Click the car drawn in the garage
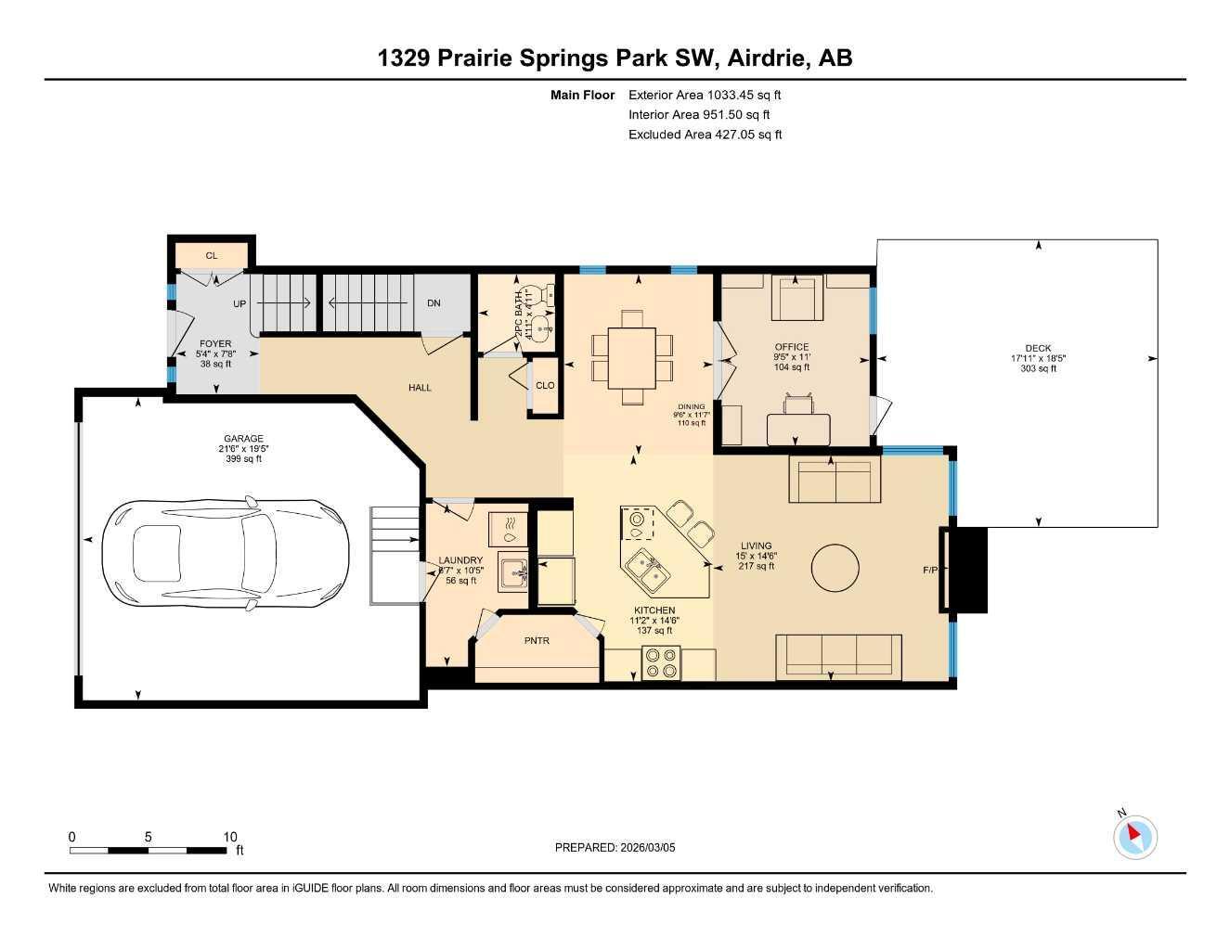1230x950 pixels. point(226,554)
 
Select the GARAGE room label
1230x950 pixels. point(243,439)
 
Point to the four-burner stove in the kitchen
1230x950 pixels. point(660,662)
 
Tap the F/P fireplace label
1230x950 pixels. point(930,571)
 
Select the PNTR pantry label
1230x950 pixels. point(537,640)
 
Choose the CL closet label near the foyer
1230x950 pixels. point(212,255)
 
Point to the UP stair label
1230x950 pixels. point(240,303)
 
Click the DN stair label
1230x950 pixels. point(434,303)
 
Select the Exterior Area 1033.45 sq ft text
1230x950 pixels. point(706,95)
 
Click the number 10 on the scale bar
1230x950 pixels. point(230,836)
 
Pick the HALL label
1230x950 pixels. point(420,388)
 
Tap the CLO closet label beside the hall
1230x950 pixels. point(545,385)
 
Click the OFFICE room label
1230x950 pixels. point(792,347)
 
